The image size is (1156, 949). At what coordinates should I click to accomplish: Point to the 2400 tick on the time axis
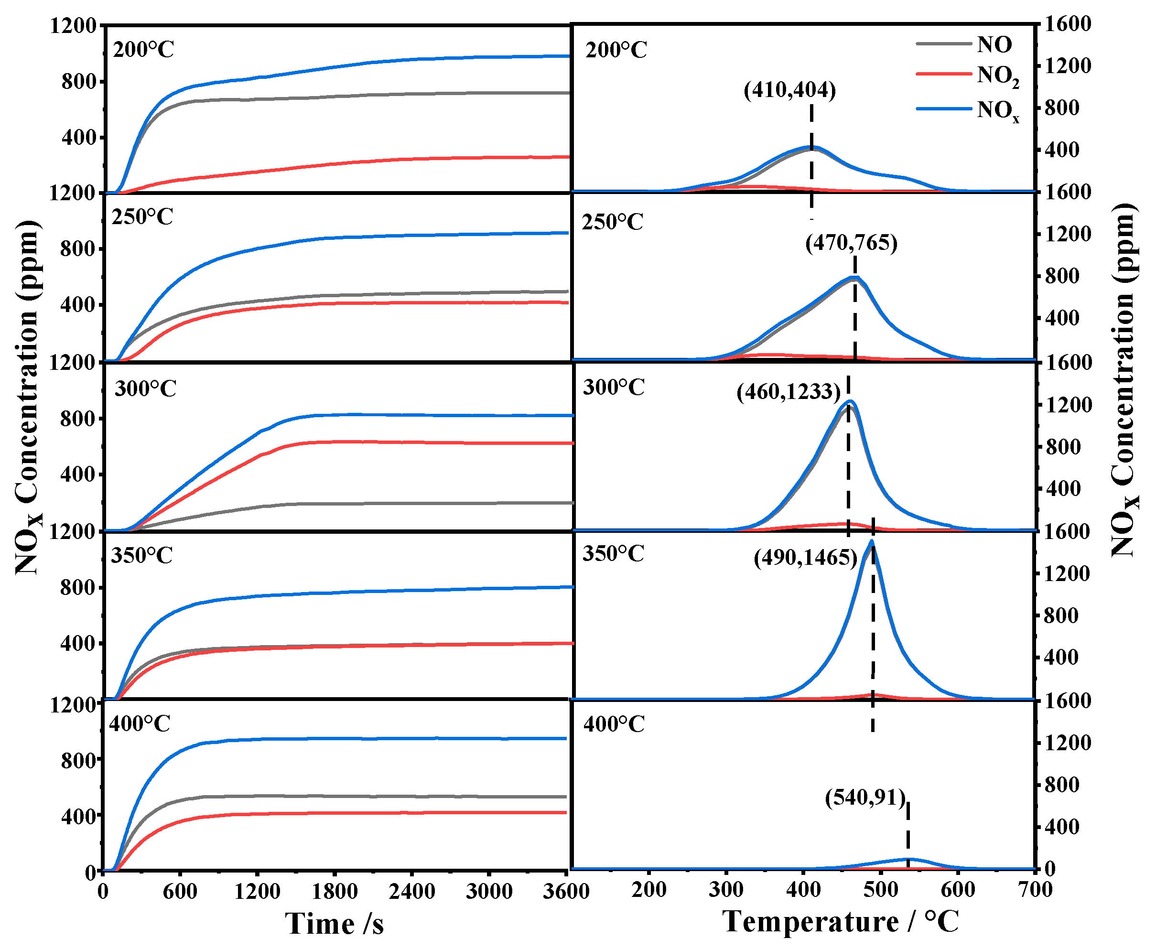coord(411,892)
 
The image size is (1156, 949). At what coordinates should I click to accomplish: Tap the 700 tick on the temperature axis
coord(1035,889)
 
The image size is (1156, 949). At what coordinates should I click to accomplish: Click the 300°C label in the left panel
coord(145,388)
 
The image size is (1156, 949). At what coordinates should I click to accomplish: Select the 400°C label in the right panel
coord(614,724)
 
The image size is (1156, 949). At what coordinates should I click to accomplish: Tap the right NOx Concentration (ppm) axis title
coord(1125,380)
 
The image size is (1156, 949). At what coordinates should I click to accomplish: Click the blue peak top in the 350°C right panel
coord(871,541)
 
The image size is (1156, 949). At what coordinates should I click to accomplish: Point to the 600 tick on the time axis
coord(180,892)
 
